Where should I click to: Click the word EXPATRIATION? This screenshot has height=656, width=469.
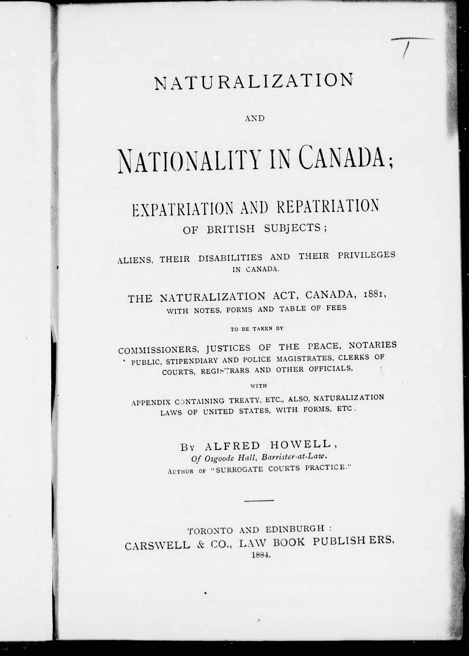pyautogui.click(x=182, y=208)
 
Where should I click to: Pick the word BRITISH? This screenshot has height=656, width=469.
pyautogui.click(x=231, y=229)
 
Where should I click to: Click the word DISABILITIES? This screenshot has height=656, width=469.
pyautogui.click(x=230, y=257)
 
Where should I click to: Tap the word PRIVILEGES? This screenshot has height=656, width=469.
pyautogui.click(x=366, y=255)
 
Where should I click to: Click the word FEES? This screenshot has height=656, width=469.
pyautogui.click(x=336, y=308)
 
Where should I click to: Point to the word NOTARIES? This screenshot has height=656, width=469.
pyautogui.click(x=373, y=345)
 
